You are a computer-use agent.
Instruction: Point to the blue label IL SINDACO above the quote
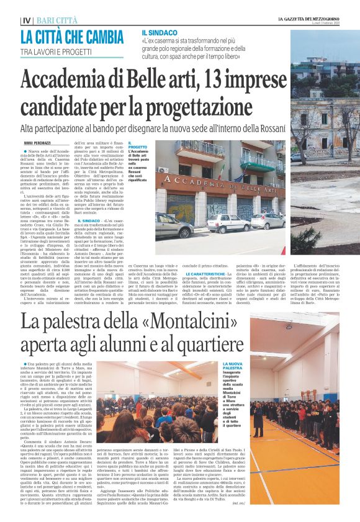tap(159, 32)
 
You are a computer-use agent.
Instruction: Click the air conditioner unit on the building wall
tap(164, 169)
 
